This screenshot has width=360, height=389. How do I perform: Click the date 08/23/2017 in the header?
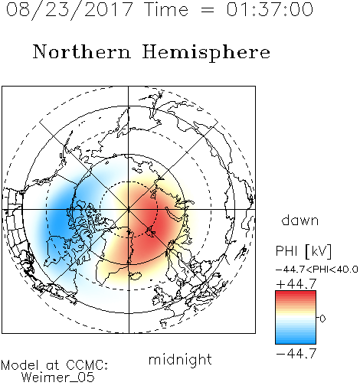click(x=69, y=10)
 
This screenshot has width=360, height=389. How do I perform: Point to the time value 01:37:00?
click(x=270, y=10)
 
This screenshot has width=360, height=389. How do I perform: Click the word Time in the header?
click(x=166, y=10)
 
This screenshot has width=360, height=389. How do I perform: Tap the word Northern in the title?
click(x=82, y=51)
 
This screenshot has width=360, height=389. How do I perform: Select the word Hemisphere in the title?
click(x=206, y=52)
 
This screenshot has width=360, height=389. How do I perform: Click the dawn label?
click(x=300, y=220)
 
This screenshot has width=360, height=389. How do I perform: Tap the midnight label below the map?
click(x=180, y=359)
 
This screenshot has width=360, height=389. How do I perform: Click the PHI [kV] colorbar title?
click(x=304, y=251)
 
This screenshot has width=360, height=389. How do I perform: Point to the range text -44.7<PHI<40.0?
click(x=317, y=270)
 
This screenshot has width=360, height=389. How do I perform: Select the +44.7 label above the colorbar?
click(x=296, y=284)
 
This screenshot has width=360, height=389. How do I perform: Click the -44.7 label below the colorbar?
click(x=296, y=354)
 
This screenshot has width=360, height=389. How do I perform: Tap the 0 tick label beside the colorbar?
click(x=322, y=319)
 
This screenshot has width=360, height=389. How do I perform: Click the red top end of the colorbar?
click(x=296, y=293)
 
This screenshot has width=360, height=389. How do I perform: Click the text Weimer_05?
click(x=58, y=378)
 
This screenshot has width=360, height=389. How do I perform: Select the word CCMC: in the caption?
click(x=87, y=365)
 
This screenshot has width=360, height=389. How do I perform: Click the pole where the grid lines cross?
click(x=129, y=210)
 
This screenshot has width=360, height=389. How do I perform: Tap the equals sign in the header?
click(x=208, y=10)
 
